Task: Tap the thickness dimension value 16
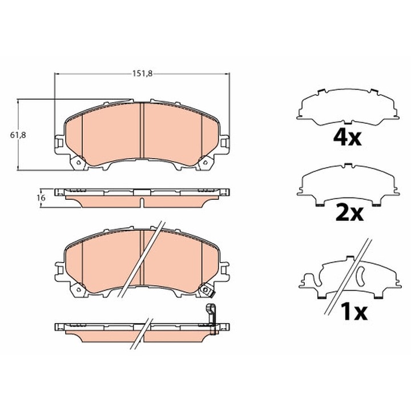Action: click(x=41, y=197)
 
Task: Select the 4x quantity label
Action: click(x=347, y=138)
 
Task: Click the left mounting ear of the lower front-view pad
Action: click(x=59, y=266)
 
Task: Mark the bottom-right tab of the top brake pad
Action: click(x=204, y=164)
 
